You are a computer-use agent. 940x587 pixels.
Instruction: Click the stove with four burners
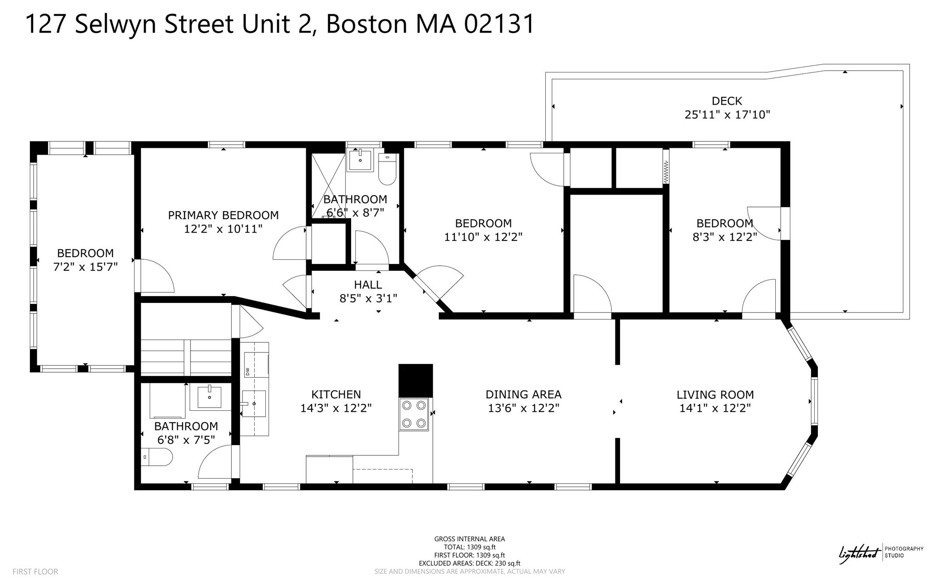pos(414,414)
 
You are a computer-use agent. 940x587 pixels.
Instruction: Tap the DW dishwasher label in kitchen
pos(247,372)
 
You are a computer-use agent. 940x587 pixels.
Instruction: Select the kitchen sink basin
pos(254,403)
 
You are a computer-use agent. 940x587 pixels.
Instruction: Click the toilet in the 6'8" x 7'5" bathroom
pos(157,457)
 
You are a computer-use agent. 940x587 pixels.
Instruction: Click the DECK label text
pos(727,101)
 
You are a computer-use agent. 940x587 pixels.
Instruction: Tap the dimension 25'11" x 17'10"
pos(727,115)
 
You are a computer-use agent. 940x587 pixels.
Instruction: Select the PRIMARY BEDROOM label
pos(223,215)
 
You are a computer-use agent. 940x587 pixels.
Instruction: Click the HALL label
pos(368,285)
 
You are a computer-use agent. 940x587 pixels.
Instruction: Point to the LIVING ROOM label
pos(715,395)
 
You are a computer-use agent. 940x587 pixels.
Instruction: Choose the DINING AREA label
pos(523,395)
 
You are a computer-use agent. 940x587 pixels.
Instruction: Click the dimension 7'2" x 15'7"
pos(85,267)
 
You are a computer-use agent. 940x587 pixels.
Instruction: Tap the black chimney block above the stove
pos(415,380)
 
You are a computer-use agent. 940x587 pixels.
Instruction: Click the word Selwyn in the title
pos(117,24)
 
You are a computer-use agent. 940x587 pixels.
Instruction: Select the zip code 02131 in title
pos(499,24)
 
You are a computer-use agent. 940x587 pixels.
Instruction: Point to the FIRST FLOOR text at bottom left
pos(35,571)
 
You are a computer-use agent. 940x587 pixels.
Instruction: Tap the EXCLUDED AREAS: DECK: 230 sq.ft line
pos(469,563)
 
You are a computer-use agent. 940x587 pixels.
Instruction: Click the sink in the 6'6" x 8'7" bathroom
pos(360,160)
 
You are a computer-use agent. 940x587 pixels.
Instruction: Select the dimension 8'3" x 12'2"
pos(724,237)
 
